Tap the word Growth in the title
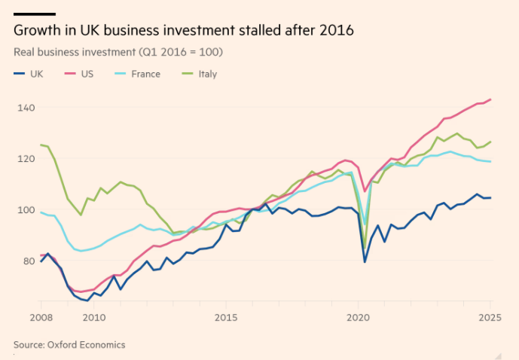pos(35,31)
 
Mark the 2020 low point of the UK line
pos(365,262)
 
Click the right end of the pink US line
pos(491,99)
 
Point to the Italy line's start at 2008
pos(41,145)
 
